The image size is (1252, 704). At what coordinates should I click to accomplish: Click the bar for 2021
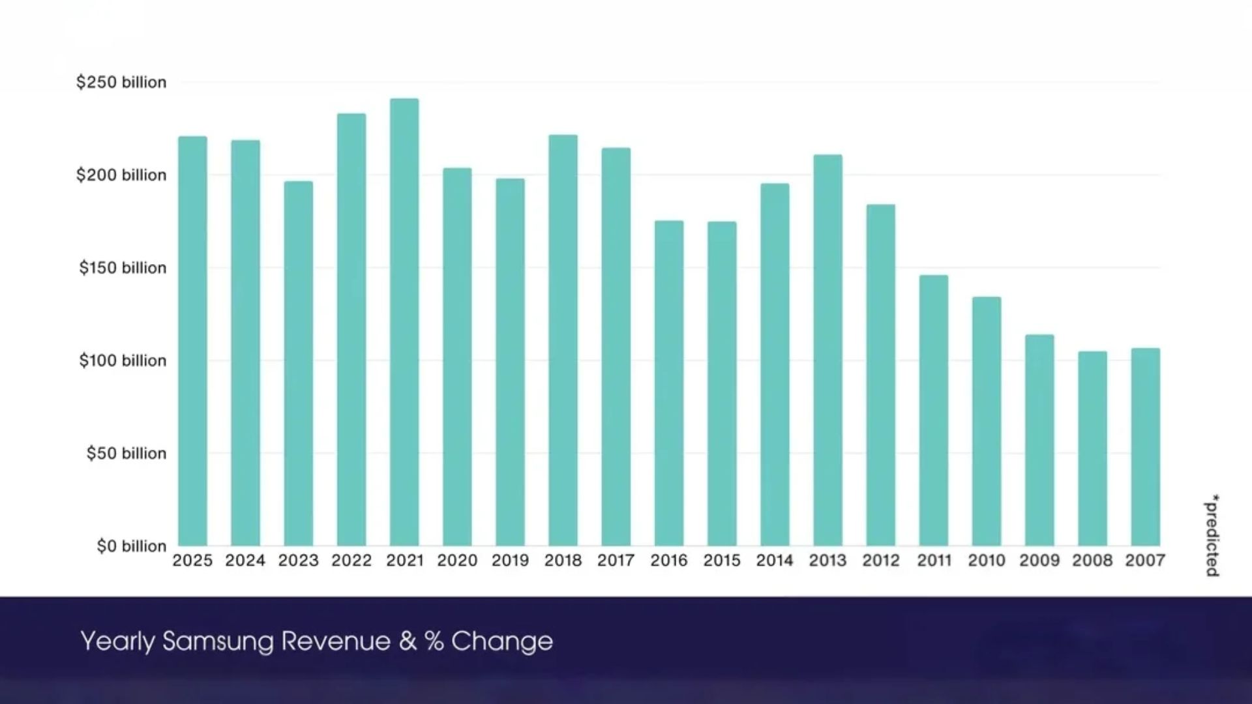point(404,323)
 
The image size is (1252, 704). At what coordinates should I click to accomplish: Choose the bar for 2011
point(934,411)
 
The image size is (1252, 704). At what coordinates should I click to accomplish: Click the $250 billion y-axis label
point(121,82)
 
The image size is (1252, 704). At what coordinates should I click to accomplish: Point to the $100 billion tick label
point(123,360)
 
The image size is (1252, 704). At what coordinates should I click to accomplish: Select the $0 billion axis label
point(132,546)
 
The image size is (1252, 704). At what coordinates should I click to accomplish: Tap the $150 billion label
point(123,268)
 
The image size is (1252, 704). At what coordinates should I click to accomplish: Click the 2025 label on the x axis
point(192,561)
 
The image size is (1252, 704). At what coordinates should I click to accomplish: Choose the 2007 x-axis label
point(1145,561)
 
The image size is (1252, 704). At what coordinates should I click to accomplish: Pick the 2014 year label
point(775,561)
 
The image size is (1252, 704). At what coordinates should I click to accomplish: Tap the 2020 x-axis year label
point(457,561)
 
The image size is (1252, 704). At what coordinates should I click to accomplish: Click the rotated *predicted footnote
point(1212,535)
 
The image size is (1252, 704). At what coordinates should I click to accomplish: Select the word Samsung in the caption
point(218,641)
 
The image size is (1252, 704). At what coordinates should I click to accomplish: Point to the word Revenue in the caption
point(336,641)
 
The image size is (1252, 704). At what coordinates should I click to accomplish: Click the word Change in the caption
point(501,641)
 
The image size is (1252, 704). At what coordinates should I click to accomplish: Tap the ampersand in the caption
point(408,641)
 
